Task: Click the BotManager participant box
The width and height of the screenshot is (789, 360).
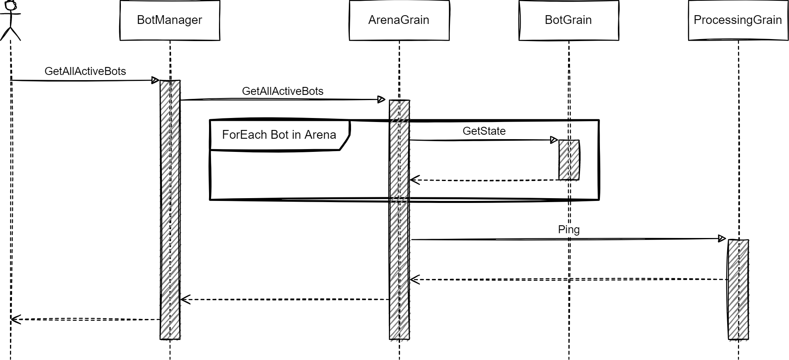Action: tap(170, 20)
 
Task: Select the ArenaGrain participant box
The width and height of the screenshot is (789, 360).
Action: tap(398, 20)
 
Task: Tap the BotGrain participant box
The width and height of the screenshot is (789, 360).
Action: tap(568, 20)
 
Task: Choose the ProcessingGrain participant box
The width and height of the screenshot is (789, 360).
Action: tap(738, 20)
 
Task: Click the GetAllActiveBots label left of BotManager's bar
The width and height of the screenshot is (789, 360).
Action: tap(85, 71)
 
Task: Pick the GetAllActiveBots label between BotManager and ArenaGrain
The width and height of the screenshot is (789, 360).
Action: tap(282, 91)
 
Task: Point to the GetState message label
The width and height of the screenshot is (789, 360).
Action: tap(484, 131)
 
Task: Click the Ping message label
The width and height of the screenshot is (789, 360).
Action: tap(568, 230)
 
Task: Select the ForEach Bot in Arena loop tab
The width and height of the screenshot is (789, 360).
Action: tap(279, 135)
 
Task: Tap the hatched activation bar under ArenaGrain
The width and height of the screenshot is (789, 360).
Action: tap(400, 219)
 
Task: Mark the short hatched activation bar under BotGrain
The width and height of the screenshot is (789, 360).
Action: tap(569, 160)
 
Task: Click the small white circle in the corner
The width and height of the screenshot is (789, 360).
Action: tap(10, 5)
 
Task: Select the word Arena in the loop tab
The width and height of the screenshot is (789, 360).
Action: tap(320, 135)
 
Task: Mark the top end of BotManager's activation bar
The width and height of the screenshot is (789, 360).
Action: tap(170, 82)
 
